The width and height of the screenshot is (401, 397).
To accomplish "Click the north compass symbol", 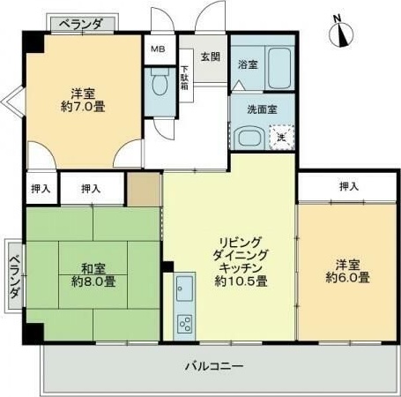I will (x=340, y=32).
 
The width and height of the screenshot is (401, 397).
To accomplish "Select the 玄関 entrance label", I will (x=209, y=57).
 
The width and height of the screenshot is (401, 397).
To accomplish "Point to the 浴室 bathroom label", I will (x=248, y=64).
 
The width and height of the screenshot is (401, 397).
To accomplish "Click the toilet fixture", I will (x=160, y=86).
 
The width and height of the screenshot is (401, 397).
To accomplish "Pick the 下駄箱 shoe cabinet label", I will (x=185, y=81).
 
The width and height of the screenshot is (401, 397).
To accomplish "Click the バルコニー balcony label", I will (x=214, y=364).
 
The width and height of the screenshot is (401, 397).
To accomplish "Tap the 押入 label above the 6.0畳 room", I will (x=349, y=186).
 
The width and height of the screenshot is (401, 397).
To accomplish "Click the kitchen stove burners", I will (x=184, y=324).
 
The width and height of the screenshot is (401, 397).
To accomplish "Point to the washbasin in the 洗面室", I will (x=246, y=138).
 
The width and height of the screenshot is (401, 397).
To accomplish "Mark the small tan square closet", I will (x=143, y=189).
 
